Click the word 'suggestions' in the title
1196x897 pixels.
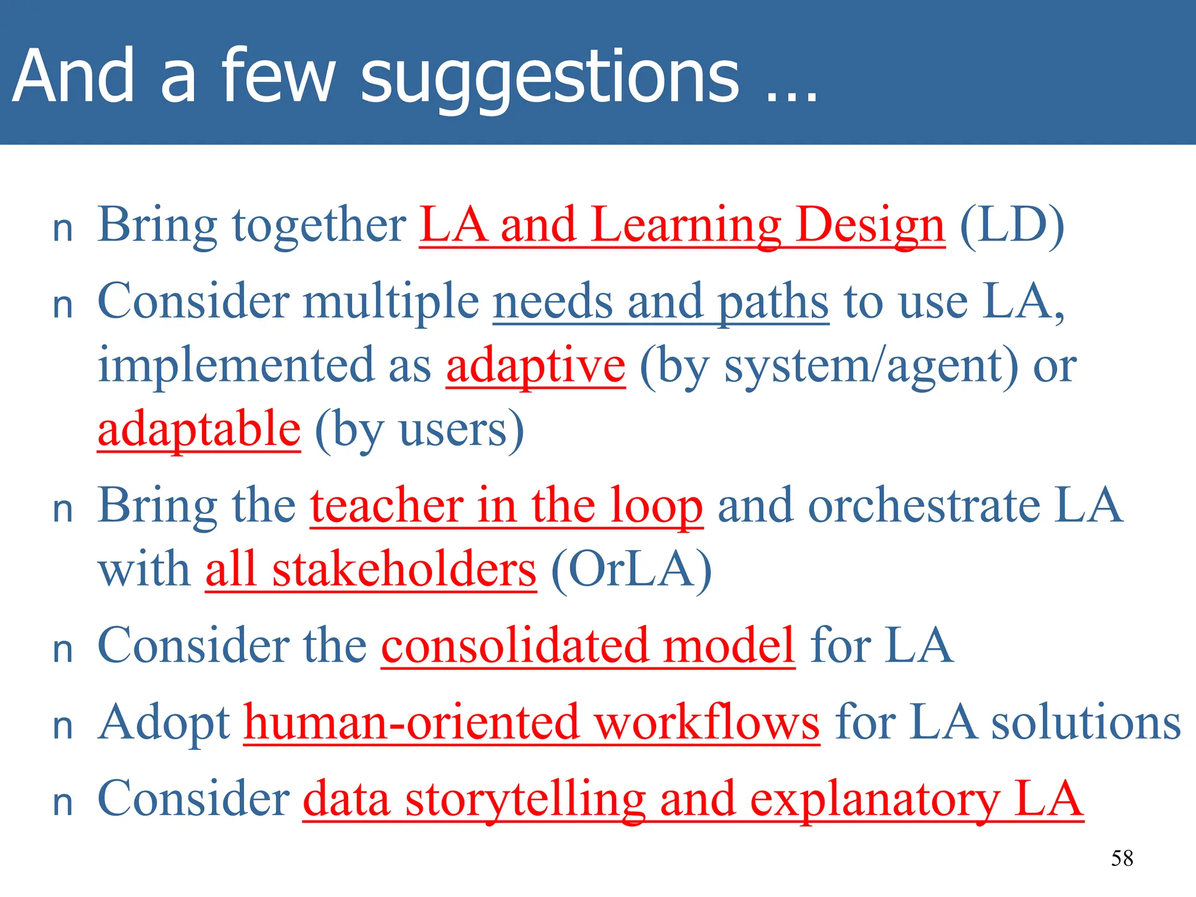(549, 79)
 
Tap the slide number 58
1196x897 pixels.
(1122, 858)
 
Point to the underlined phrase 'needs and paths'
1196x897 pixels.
(660, 302)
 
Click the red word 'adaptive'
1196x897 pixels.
(536, 366)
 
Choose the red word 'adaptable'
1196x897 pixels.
(199, 429)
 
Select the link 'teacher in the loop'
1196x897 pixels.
(506, 506)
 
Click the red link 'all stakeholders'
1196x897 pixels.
(370, 570)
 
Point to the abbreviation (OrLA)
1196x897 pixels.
(631, 570)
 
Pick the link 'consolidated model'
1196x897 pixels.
(587, 646)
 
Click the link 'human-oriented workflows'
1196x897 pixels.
(531, 723)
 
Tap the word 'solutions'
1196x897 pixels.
(1086, 723)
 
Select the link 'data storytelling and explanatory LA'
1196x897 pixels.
(693, 799)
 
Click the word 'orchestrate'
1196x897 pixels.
(924, 506)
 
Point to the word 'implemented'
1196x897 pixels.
(235, 366)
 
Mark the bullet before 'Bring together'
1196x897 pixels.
(62, 230)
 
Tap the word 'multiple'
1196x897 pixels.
(391, 302)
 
